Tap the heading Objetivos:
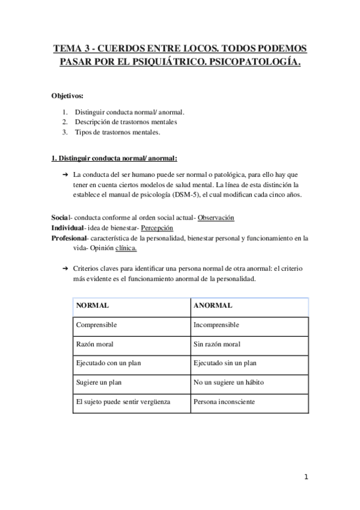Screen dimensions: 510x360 (x=67, y=96)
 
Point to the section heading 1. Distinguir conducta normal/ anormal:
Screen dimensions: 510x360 (x=114, y=158)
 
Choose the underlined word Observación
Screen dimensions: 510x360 (x=216, y=218)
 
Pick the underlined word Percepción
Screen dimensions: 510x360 (x=157, y=228)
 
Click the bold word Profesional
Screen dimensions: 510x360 (x=69, y=238)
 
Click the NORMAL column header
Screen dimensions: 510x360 (x=93, y=306)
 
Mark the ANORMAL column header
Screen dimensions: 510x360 (x=213, y=306)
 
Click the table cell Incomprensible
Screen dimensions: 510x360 (x=216, y=325)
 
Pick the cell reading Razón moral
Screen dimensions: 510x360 (x=94, y=344)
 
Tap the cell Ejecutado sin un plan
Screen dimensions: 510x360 (x=225, y=363)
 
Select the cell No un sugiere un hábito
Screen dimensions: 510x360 (x=228, y=382)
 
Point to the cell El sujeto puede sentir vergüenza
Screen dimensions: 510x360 (x=123, y=402)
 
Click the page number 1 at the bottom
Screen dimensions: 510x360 (x=306, y=478)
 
